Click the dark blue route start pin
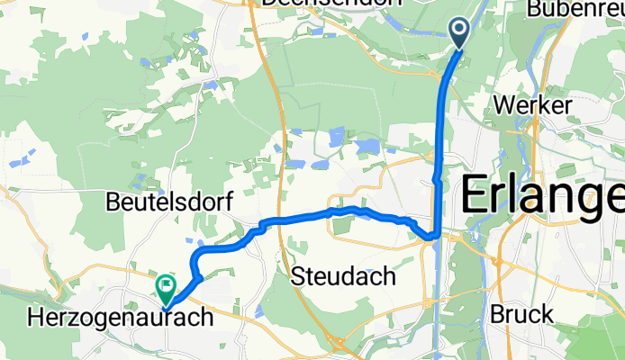[459, 34]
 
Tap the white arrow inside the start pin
[459, 31]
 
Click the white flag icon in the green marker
[167, 286]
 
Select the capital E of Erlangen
[476, 195]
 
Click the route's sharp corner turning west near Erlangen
[434, 235]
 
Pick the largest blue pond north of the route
[367, 146]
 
